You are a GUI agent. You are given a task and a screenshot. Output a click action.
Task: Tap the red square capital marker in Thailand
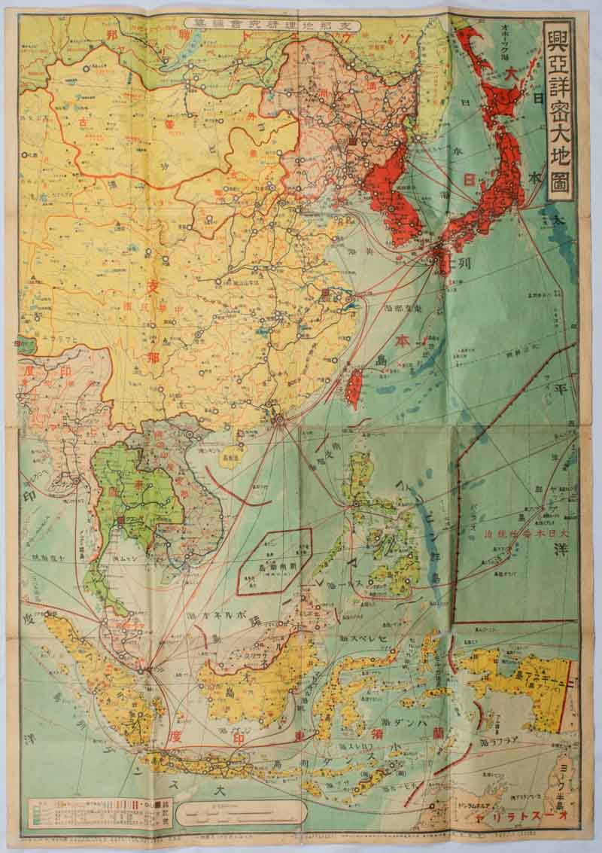[x=122, y=520]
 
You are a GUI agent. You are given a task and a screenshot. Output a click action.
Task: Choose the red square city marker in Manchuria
[x=351, y=141]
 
